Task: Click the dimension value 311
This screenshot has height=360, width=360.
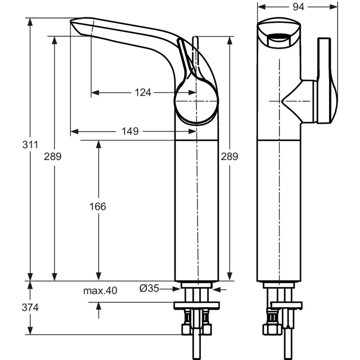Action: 30,145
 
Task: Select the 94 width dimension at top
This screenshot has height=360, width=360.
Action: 298,7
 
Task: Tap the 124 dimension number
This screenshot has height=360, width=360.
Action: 143,93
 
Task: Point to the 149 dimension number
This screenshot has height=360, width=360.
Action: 130,131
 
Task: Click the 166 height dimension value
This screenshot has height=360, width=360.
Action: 98,206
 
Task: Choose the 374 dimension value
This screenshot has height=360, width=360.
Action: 30,307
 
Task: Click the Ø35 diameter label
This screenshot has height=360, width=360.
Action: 149,289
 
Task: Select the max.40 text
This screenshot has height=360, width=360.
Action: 100,291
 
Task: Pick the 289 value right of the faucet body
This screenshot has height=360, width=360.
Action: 229,157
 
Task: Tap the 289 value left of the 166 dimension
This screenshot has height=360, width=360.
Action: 53,157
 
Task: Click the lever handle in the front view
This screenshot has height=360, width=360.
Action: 327,80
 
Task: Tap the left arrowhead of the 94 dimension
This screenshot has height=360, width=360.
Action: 261,7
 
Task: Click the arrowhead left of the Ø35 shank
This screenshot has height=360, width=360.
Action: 176,289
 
